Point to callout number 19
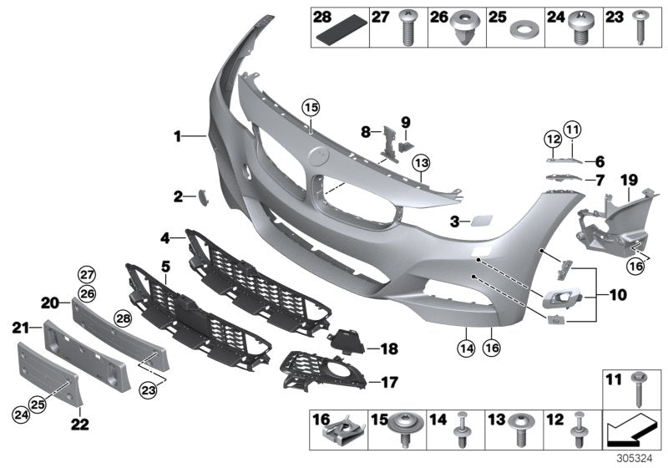(x=628, y=180)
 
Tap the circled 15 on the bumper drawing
(x=311, y=107)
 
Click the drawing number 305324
(x=642, y=459)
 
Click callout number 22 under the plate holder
(x=78, y=421)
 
